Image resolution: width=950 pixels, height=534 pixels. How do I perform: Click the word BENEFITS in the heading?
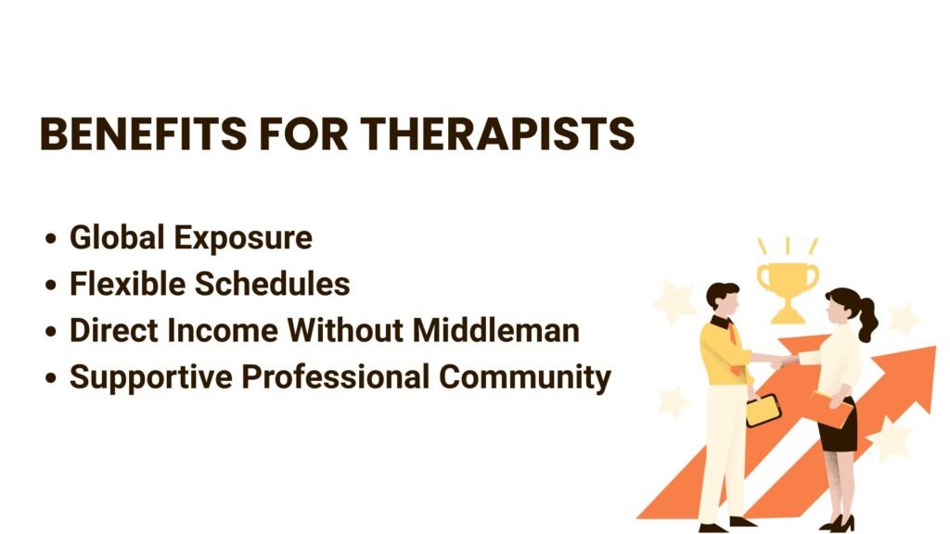pos(144,133)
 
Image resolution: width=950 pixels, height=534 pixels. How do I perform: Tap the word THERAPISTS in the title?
pos(498,133)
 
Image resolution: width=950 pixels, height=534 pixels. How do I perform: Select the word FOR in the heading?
pos(304,133)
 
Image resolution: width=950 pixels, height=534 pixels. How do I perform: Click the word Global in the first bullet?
pos(117,236)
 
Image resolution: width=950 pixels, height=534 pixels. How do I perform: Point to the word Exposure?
pos(244,238)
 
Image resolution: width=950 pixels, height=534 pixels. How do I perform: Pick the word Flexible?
pos(127,284)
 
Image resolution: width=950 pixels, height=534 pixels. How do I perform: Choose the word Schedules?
pos(273,284)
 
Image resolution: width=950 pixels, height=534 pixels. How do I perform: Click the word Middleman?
pos(496,331)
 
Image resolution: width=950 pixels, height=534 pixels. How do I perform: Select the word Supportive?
pos(151,378)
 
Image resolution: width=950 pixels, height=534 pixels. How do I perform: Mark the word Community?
pos(525,378)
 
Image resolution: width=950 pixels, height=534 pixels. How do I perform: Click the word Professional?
pos(336,376)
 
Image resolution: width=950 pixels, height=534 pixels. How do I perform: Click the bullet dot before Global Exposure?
pos(51,238)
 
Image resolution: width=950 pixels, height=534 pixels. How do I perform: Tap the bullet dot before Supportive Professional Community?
pos(51,378)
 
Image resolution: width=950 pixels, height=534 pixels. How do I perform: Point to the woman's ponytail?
pos(868,320)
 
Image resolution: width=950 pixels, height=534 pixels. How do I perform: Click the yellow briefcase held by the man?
pos(763,410)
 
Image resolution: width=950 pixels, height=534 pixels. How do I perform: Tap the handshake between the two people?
pos(778,362)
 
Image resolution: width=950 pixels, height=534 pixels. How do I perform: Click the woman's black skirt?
pos(839,426)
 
